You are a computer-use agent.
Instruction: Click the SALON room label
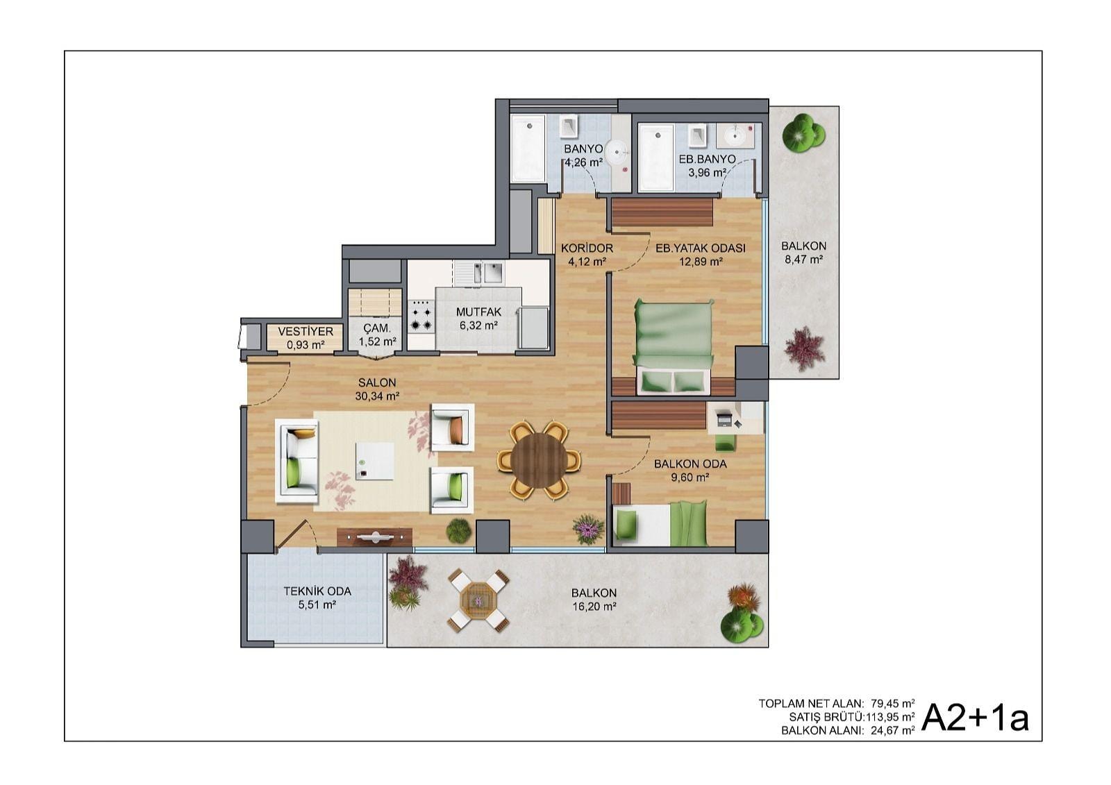[x=377, y=382]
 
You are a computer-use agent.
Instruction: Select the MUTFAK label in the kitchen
[x=478, y=312]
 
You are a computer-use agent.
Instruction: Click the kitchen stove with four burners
[x=421, y=315]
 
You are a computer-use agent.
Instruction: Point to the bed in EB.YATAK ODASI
[x=674, y=346]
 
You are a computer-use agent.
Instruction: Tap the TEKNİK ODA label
[x=317, y=591]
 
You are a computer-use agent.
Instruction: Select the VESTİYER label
[x=306, y=331]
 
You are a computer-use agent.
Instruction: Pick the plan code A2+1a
[x=975, y=717]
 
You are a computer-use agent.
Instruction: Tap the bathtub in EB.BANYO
[x=656, y=157]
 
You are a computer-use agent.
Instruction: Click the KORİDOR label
[x=587, y=248]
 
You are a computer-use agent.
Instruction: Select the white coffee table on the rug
[x=375, y=461]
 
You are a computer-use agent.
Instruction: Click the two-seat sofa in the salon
[x=297, y=461]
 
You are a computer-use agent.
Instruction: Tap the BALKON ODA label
[x=690, y=464]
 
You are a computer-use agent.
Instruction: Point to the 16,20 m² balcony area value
[x=594, y=605]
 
